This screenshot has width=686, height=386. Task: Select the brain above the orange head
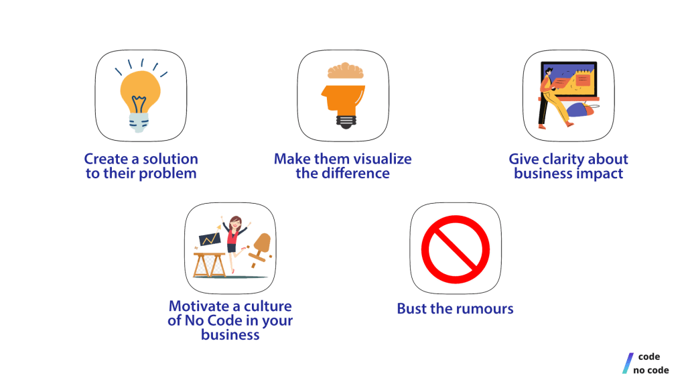(346, 70)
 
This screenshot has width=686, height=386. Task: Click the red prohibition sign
(456, 249)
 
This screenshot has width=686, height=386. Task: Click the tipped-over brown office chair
(261, 249)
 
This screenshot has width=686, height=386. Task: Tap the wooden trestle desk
(210, 265)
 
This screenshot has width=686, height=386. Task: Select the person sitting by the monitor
(554, 98)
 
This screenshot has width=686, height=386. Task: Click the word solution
(170, 158)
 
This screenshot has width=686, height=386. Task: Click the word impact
(600, 174)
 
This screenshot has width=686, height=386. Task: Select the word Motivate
(200, 306)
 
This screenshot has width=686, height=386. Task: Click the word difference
(355, 174)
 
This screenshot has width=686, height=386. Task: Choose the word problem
(167, 174)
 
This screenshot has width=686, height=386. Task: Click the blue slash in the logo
(628, 363)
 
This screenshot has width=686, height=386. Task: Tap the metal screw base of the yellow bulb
(139, 123)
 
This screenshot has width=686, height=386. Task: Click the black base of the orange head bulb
(346, 121)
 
